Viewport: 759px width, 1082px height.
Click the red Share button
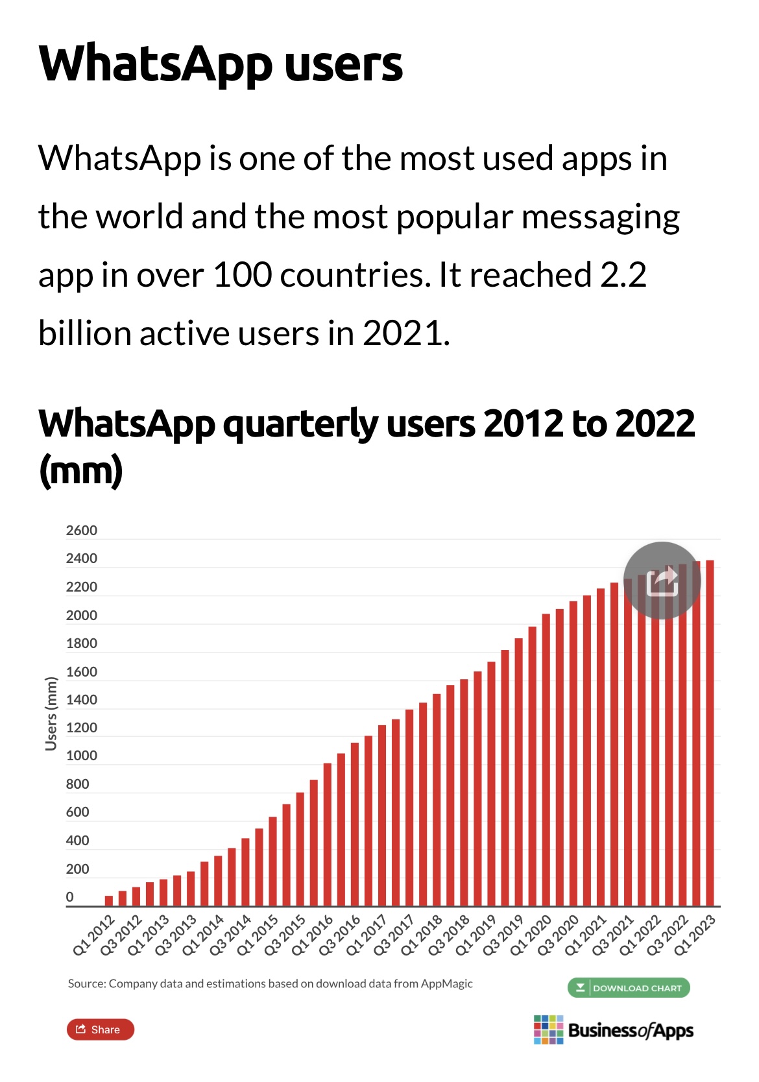(100, 1029)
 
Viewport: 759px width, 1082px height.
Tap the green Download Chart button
(628, 988)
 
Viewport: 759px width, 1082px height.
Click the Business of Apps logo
(613, 1030)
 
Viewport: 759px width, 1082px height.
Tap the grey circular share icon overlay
(662, 581)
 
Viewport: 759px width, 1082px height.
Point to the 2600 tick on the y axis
(81, 531)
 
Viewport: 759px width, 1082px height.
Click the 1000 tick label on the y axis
(81, 756)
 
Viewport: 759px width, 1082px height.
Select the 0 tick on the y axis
(70, 897)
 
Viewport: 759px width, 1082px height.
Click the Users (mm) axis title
(51, 714)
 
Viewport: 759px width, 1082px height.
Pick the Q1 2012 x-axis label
(95, 935)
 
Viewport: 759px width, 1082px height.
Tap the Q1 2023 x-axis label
(695, 935)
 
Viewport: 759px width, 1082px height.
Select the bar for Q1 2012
(108, 900)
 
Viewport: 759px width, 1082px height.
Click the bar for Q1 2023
(710, 733)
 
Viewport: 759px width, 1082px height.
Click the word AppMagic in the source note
(446, 983)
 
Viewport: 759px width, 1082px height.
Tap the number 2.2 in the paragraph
(623, 275)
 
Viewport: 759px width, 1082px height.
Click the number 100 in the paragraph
(242, 275)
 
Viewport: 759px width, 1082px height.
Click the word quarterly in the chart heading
(300, 424)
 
